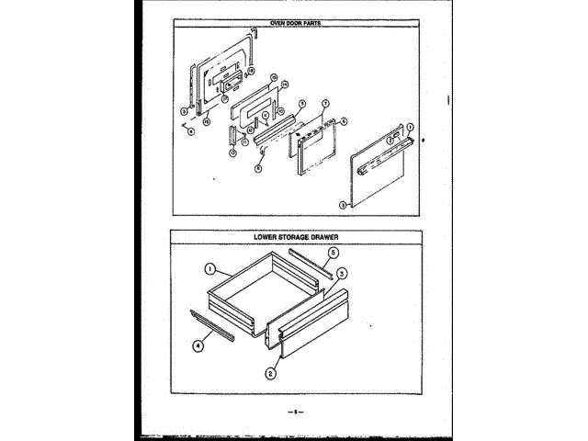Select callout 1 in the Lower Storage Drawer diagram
tap(210, 270)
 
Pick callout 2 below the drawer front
tap(271, 374)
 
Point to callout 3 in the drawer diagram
tap(341, 273)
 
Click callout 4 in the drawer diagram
tap(198, 346)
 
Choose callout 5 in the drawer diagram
tap(334, 251)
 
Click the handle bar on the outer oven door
tap(379, 166)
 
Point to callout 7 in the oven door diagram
tap(325, 103)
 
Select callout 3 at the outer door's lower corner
tap(342, 204)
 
